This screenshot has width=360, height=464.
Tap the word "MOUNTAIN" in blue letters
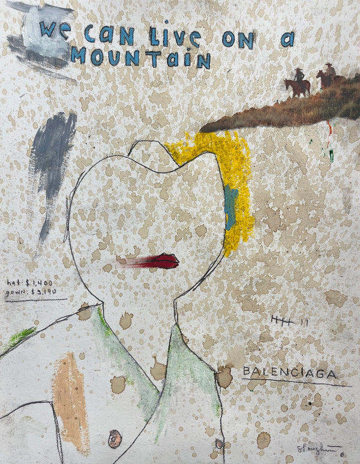coord(140,58)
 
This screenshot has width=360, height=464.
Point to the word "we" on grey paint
coord(55,29)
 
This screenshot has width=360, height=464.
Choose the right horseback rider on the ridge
coord(328,76)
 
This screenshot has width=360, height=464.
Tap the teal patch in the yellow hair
coord(231,208)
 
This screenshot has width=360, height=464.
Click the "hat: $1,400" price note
coord(29,282)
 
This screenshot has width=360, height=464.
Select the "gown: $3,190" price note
coord(31,293)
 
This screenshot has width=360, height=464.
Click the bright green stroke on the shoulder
coord(20,337)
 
